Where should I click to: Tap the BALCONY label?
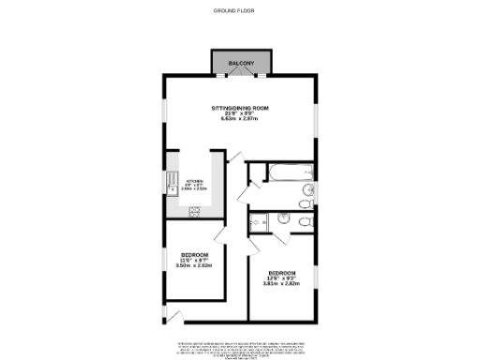241,63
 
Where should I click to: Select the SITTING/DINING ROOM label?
240,108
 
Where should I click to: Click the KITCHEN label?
195,181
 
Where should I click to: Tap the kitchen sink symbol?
172,184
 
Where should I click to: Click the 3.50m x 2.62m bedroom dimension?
194,266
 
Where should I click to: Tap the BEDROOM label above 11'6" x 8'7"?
194,255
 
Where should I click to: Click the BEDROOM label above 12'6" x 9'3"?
281,273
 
